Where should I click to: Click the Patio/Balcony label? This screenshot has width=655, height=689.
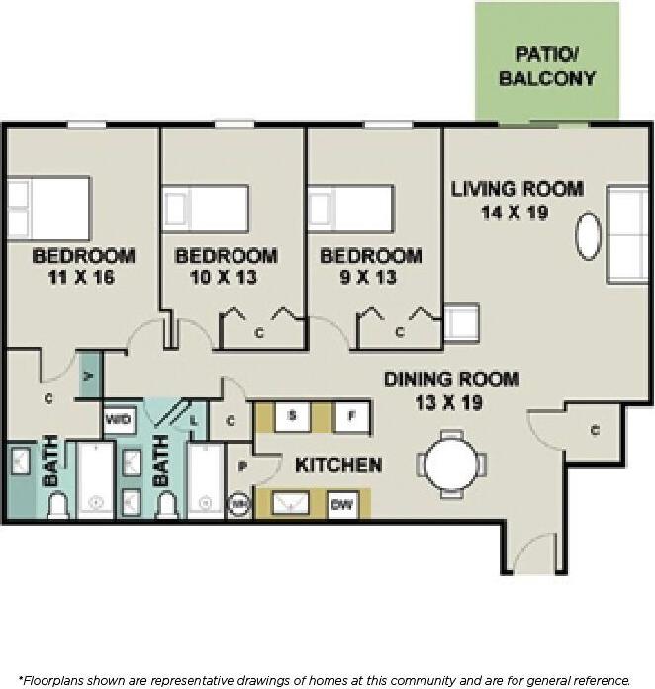(547, 65)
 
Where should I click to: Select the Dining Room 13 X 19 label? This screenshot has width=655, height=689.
(451, 390)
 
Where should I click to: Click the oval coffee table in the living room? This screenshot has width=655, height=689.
(589, 236)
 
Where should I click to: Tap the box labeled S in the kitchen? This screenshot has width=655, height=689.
(292, 416)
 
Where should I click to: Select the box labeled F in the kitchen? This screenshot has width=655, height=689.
(350, 416)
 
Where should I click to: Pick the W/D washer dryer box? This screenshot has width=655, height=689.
(118, 419)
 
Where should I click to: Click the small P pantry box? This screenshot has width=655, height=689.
(240, 466)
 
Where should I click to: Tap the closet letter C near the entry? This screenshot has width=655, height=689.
(596, 430)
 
